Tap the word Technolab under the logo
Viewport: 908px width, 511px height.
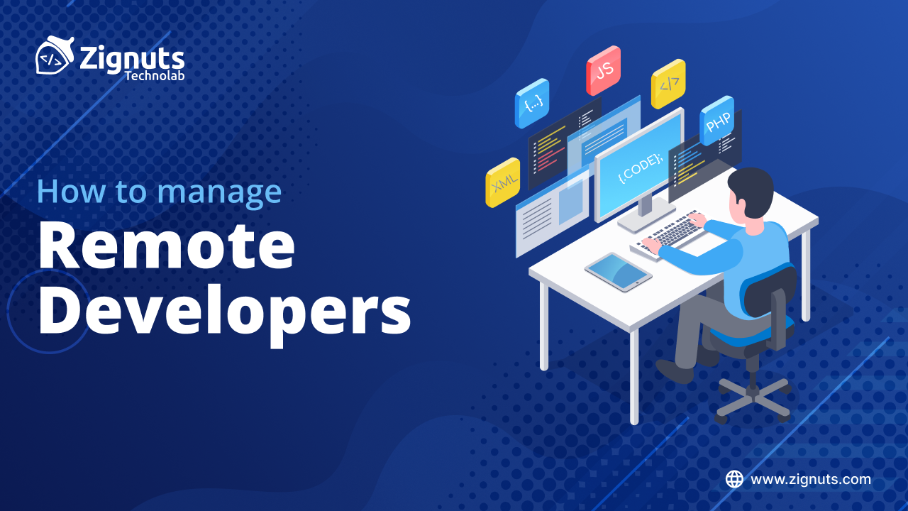click(155, 75)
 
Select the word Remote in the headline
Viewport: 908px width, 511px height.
click(166, 245)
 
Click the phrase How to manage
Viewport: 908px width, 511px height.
click(159, 192)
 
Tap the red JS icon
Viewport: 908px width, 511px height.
click(604, 70)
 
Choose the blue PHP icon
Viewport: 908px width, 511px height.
click(716, 121)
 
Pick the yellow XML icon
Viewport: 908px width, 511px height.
click(503, 182)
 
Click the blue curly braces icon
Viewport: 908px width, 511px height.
click(532, 103)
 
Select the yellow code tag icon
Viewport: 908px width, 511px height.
click(668, 84)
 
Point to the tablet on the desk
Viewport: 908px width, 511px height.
click(618, 271)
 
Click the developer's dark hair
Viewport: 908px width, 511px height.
click(750, 186)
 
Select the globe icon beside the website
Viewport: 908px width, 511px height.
click(734, 479)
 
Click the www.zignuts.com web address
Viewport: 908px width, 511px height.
click(811, 479)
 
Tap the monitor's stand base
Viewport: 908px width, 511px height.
click(646, 217)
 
